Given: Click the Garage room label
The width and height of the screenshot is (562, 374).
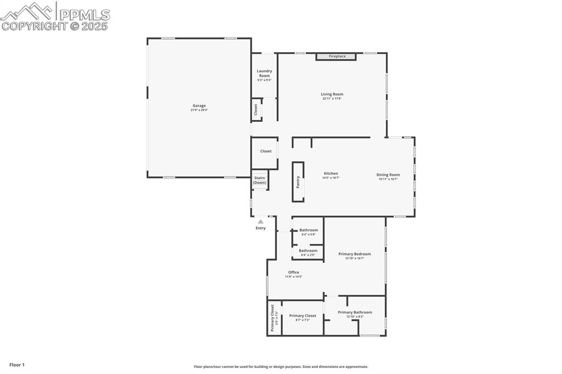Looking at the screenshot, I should pos(199,106).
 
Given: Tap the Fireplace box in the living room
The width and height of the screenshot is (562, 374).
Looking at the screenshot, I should pos(336,56).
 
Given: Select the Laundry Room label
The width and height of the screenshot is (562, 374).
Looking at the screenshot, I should pos(265,73).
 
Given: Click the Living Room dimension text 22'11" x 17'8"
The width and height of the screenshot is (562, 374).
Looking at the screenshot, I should pos(332,99).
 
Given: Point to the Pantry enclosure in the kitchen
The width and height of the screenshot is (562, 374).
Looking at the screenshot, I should pos(298,182).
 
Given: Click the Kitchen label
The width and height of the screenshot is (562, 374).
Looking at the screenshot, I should pos(330,173).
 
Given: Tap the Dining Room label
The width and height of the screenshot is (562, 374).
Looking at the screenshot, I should pos(387,175).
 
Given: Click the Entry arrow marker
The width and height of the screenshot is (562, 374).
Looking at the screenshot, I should pos(261,222).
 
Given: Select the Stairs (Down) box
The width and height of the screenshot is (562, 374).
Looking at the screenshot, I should pos(260,180).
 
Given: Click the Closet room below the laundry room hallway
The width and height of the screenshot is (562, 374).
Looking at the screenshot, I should pos(266,151).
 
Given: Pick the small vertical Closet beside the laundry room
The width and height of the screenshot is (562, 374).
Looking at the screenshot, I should pos(256,110).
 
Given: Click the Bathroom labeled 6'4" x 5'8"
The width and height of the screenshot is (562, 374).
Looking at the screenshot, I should pos(308,230).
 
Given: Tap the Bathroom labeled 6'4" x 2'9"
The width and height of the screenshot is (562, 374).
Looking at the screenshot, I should pos(308,251).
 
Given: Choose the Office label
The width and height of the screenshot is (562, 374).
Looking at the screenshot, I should pos(294,273).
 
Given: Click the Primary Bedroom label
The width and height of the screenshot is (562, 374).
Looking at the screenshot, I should pos(355,254).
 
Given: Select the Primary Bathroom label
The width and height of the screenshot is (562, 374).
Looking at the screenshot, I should pos(355,313).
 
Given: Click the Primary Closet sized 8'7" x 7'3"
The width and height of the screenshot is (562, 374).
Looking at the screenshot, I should pos(302,316).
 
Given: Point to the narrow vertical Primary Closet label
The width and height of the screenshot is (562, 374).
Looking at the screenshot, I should pos(273,318).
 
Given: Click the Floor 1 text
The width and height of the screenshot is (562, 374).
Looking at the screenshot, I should pos(17,365).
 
